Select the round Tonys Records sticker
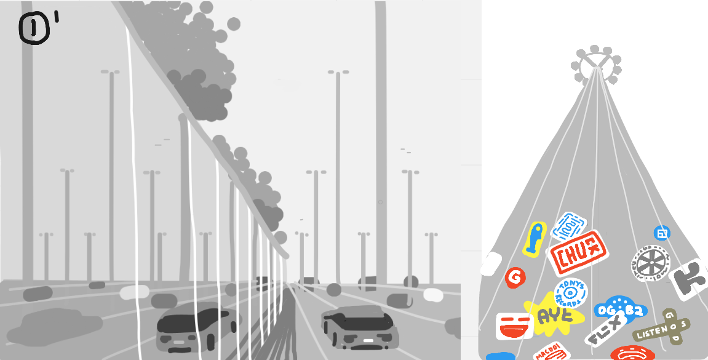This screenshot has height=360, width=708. point(571,292)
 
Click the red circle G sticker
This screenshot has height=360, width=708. point(515,278)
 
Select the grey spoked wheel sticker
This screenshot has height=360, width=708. point(650,263)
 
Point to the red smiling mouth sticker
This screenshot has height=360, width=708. point(514,327)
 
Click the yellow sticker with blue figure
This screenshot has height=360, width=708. point(535,239)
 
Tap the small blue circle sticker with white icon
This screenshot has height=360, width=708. point(662,233)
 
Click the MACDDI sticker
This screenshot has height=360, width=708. point(550,353)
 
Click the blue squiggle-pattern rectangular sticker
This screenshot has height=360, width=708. point(569,226)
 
